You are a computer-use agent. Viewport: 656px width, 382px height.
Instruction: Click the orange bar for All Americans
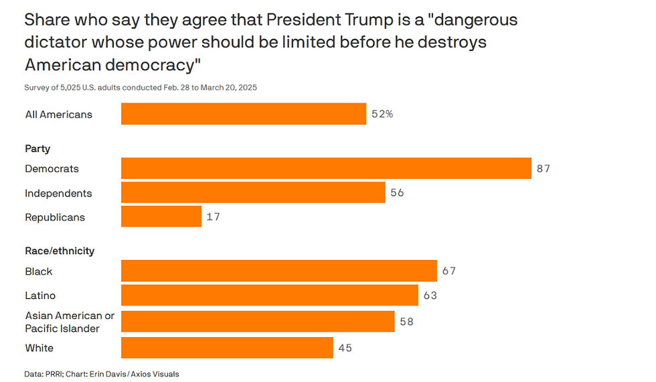243,114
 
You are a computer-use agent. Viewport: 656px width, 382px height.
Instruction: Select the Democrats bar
326,168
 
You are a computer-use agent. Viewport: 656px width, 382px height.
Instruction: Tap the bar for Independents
253,193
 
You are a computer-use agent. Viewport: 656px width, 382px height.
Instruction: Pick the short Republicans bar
161,216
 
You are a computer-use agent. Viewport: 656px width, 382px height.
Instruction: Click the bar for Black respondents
278,271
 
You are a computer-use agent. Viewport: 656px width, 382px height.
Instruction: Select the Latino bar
269,296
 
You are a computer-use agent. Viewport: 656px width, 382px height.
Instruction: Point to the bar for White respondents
227,348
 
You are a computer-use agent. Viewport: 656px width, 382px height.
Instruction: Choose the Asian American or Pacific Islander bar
258,322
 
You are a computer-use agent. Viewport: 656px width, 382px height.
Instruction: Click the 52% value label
382,114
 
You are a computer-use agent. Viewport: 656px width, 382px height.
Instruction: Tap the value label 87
543,168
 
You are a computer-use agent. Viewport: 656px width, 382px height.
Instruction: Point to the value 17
213,216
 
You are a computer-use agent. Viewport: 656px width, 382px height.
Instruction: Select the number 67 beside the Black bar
448,271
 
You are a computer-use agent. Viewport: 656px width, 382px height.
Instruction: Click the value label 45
345,348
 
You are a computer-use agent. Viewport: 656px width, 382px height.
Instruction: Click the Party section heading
37,149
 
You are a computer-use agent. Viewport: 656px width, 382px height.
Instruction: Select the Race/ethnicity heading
60,251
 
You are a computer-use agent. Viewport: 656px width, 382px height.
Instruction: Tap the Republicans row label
55,217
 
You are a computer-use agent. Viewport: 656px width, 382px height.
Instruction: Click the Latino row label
40,296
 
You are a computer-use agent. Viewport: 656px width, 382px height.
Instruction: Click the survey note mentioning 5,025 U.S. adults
141,88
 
